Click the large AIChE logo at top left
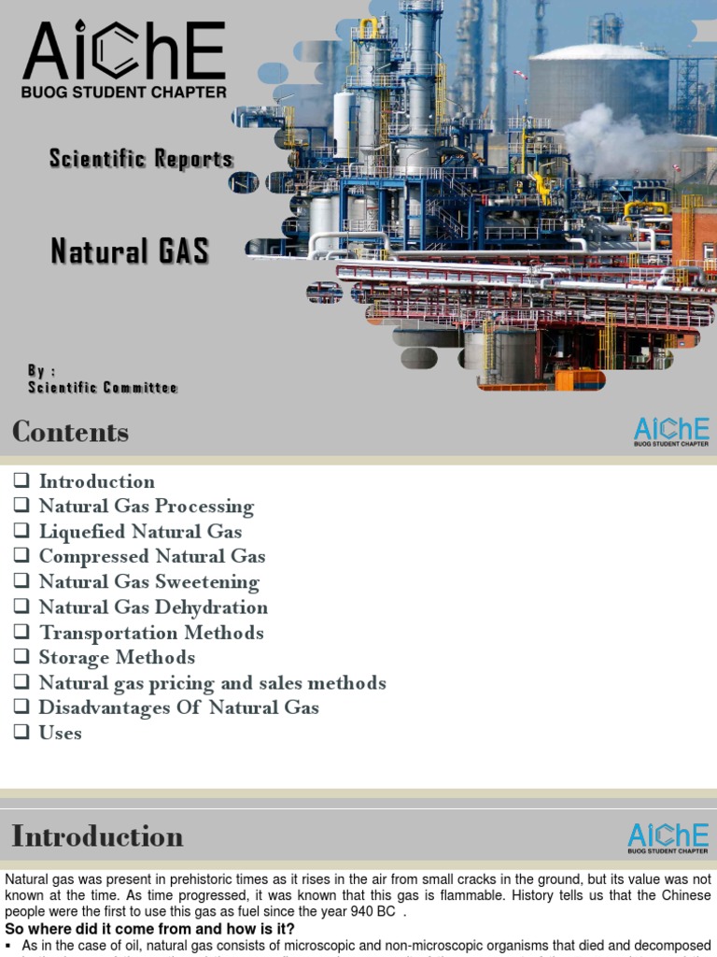(x=124, y=60)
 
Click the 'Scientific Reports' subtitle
(x=141, y=159)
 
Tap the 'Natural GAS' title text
(x=130, y=251)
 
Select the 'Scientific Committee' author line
(x=103, y=387)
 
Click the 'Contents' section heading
(x=71, y=432)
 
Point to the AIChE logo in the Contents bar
(x=671, y=431)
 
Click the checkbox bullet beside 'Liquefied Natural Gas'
(x=21, y=532)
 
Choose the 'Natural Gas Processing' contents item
(x=146, y=507)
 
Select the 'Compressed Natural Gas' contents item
(x=152, y=557)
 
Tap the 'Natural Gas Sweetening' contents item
(x=148, y=582)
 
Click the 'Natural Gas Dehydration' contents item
(x=153, y=607)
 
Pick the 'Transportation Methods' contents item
(x=151, y=633)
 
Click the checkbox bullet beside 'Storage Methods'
(x=21, y=658)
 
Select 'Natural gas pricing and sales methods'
(x=212, y=683)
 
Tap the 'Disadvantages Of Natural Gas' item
(x=178, y=707)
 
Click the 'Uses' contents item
(x=60, y=733)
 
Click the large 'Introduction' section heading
(x=97, y=836)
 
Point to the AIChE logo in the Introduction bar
(x=668, y=836)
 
